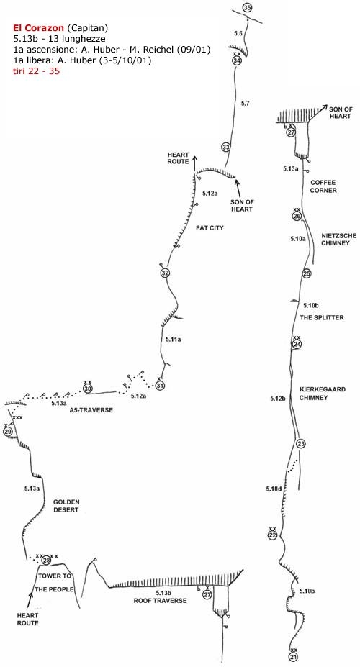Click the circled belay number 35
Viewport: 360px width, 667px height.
point(247,7)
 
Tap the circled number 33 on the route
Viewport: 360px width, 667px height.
point(226,148)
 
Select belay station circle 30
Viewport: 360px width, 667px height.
point(88,389)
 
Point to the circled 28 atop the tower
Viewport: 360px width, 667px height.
point(46,561)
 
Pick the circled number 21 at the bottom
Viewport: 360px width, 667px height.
point(293,658)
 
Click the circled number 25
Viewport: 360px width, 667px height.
point(307,273)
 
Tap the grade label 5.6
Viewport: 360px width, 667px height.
point(238,33)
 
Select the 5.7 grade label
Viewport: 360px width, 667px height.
point(245,103)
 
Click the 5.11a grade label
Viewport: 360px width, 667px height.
point(174,339)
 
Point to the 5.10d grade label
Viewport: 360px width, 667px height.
point(274,489)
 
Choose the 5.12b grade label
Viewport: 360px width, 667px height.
point(277,399)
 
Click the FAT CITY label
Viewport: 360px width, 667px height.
point(210,228)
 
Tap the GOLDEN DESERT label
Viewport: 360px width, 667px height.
point(66,506)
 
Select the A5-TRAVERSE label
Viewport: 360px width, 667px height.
point(91,410)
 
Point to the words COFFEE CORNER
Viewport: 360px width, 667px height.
point(323,186)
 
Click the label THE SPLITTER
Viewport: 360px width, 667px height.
point(322,318)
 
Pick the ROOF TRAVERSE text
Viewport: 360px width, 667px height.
point(160,601)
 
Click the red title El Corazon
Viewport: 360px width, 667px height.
point(39,28)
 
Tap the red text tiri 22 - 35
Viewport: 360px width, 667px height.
point(37,71)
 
